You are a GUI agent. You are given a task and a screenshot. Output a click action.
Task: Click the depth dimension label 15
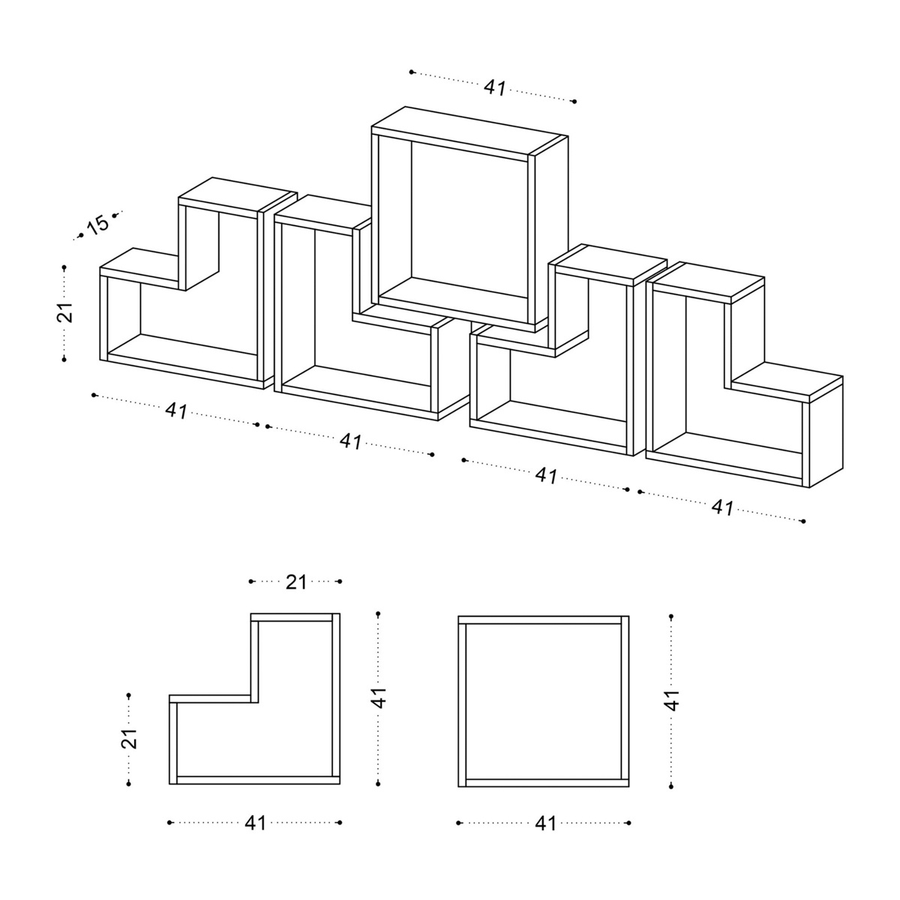(x=98, y=224)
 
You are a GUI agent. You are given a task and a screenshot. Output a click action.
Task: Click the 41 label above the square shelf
(x=494, y=87)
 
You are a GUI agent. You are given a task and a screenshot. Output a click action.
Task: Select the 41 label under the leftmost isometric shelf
(x=176, y=411)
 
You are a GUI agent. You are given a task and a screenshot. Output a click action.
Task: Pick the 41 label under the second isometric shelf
(x=351, y=441)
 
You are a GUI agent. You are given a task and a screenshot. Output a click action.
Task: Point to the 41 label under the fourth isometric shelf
(x=547, y=475)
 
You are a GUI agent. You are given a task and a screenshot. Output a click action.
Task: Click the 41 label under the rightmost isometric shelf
(x=722, y=507)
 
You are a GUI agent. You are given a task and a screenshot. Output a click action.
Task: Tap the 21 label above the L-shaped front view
(x=296, y=582)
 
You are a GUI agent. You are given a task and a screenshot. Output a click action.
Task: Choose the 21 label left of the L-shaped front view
(x=129, y=739)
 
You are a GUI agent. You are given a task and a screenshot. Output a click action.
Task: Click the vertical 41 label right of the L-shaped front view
(x=379, y=697)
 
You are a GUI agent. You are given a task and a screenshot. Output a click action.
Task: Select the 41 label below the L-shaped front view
(x=255, y=823)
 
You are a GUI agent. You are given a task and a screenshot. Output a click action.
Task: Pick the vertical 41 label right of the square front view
(x=672, y=700)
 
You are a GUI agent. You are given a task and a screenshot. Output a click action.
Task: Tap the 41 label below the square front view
(x=545, y=823)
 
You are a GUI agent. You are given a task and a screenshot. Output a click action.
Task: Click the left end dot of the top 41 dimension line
(x=411, y=72)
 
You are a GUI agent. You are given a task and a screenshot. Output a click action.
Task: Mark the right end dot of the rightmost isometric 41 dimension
(x=803, y=521)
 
